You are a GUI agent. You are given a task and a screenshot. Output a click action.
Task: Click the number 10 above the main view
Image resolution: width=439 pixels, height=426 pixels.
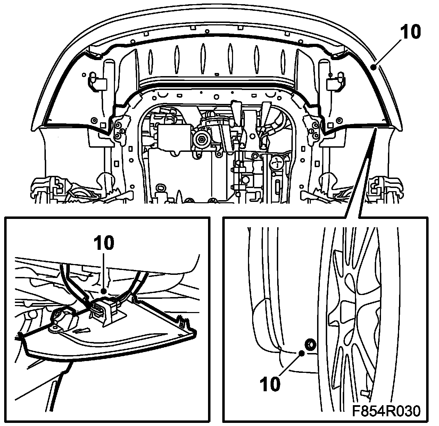point(411,32)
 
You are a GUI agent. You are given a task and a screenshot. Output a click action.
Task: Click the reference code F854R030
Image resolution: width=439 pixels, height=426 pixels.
point(386,411)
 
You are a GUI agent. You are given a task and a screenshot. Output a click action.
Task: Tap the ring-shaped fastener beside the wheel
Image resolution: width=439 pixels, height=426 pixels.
point(309,344)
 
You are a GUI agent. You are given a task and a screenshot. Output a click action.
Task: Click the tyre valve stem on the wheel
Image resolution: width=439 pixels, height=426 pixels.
point(365,393)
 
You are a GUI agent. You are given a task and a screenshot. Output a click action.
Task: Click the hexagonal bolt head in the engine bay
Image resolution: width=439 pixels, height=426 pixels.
point(202,140)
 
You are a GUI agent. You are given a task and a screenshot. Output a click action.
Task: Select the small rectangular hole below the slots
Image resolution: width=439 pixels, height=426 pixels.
point(217,74)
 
